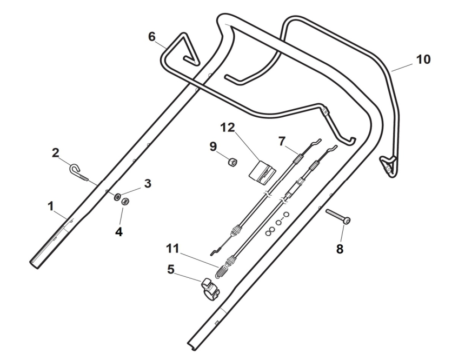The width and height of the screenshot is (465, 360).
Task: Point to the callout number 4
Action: pos(119,232)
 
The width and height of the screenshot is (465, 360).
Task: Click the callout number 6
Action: pos(151,36)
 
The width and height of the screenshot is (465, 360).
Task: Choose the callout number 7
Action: pos(281,141)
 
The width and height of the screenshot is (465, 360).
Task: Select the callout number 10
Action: pos(424,59)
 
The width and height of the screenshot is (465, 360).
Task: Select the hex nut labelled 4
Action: pos(124,202)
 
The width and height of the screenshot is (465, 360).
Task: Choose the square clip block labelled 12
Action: pos(261,169)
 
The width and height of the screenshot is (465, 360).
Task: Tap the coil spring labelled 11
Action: pos(221,270)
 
